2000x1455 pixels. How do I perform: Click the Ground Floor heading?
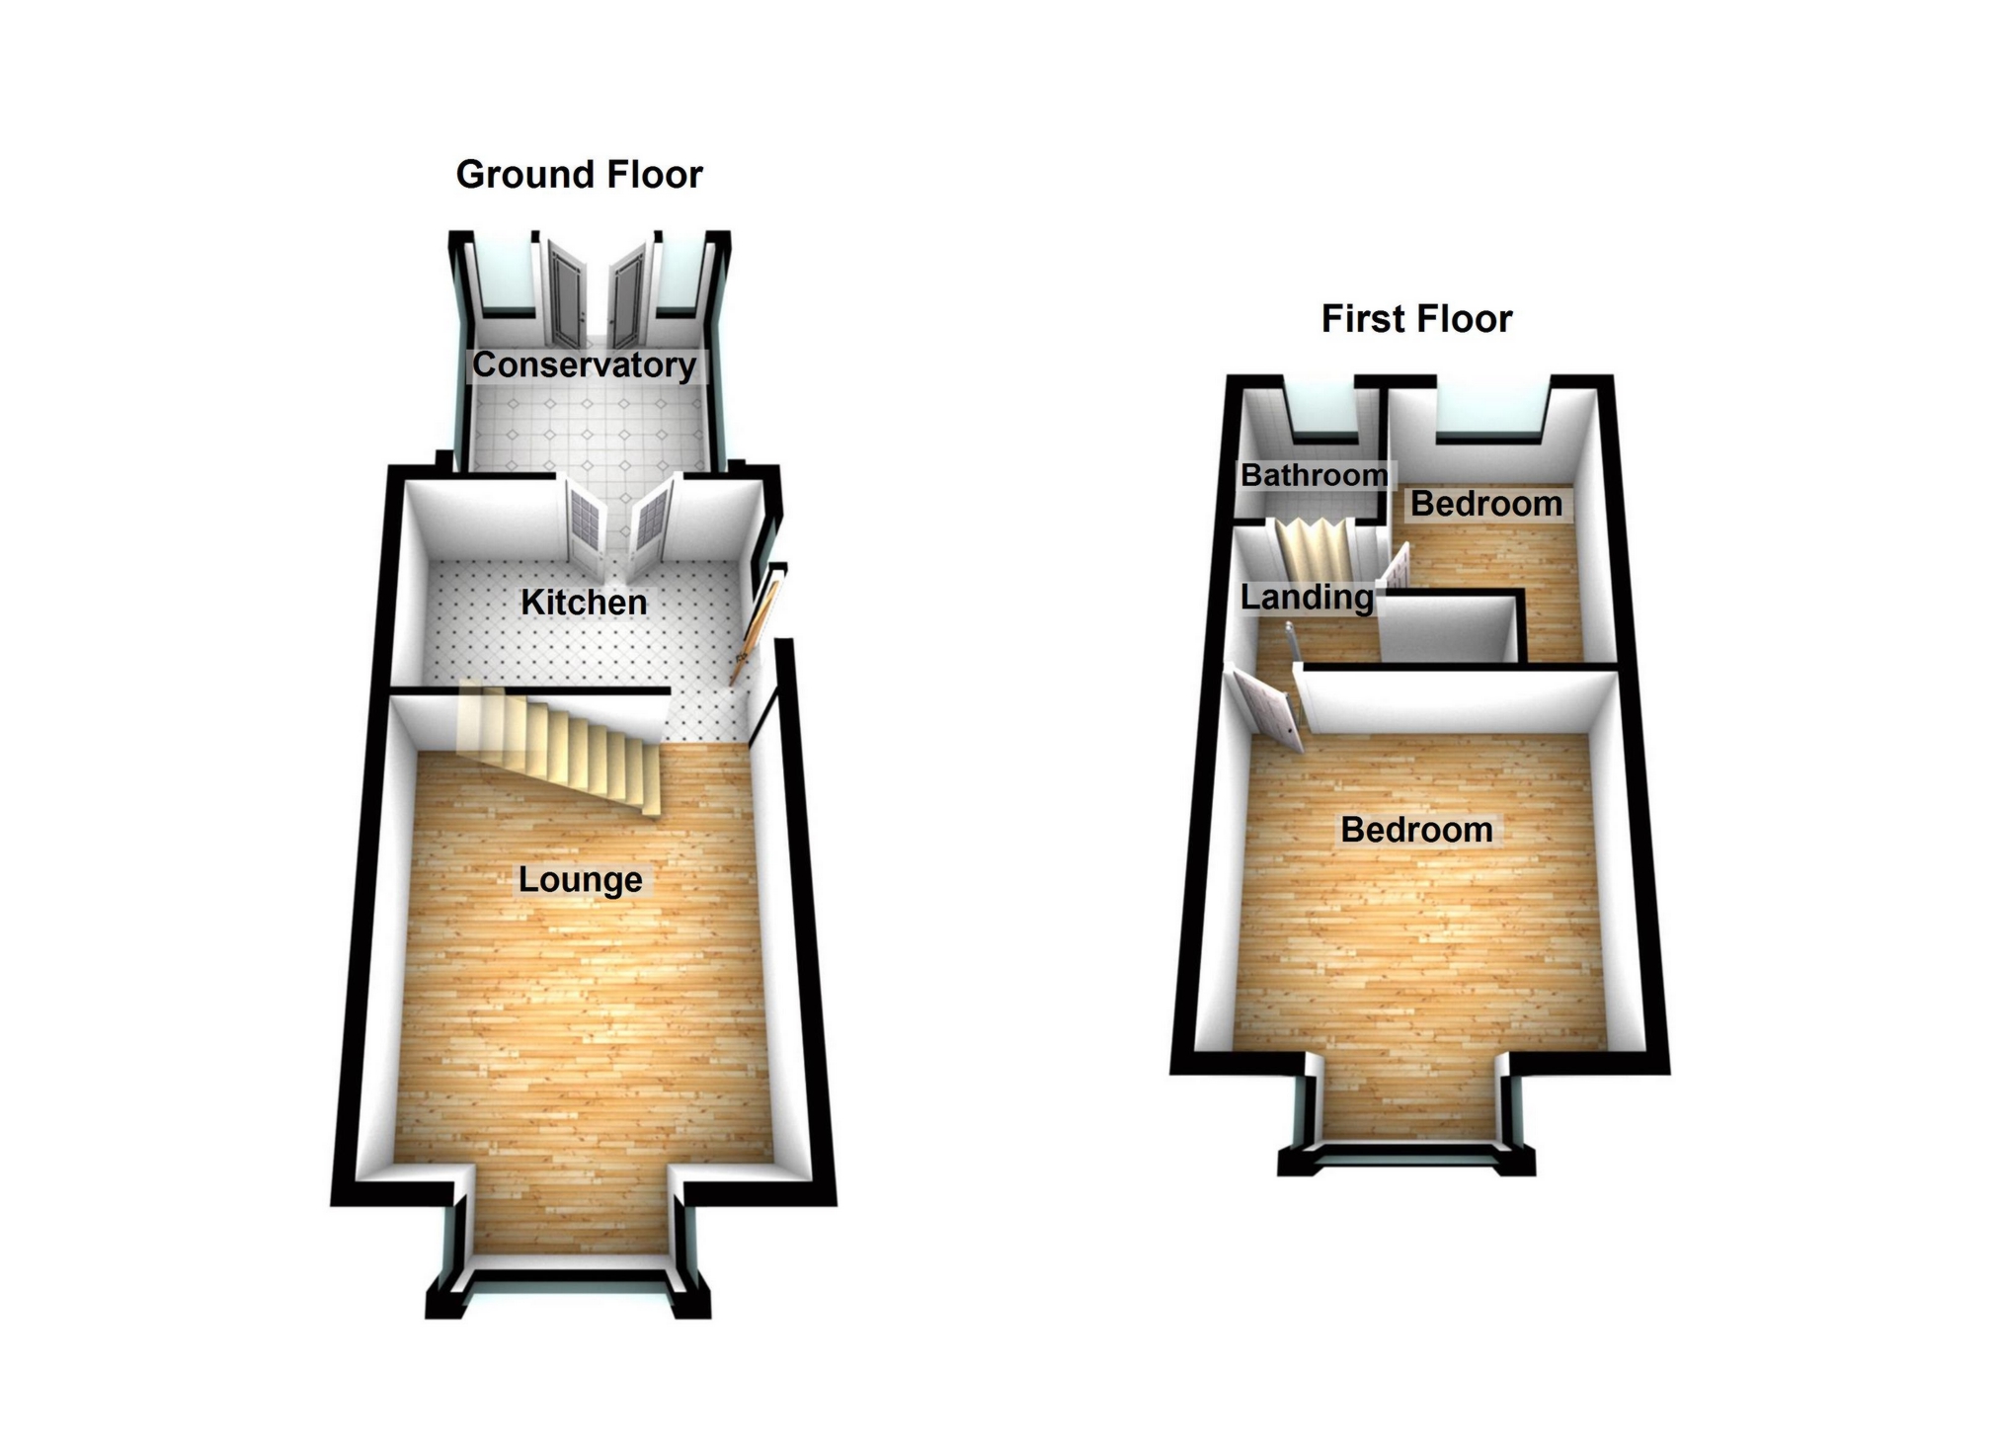(x=579, y=175)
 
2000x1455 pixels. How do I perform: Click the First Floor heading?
(x=1416, y=319)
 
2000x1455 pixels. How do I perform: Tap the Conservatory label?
(x=584, y=364)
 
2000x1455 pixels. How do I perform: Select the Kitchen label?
(x=584, y=602)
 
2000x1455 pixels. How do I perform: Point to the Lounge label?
(x=580, y=879)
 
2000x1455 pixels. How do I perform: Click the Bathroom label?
(x=1314, y=475)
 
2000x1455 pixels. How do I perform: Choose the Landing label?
(x=1306, y=597)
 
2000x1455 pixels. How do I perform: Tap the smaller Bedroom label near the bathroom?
(x=1485, y=504)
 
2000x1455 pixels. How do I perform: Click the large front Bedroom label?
(x=1416, y=830)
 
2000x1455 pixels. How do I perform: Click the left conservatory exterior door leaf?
(x=568, y=293)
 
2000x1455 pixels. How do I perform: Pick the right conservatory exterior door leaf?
(x=627, y=293)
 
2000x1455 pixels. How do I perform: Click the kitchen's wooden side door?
(x=756, y=627)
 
